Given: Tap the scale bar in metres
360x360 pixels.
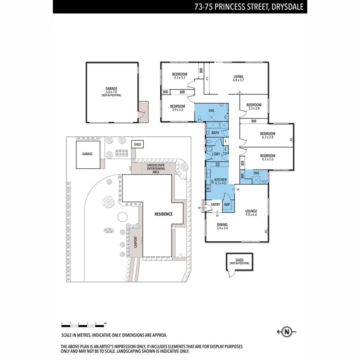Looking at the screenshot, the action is point(84,323).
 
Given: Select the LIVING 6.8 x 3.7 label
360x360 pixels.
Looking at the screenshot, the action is point(238,78).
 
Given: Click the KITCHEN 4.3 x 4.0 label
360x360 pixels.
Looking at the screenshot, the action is point(220,182).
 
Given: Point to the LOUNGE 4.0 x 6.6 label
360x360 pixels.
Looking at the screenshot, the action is point(251,213).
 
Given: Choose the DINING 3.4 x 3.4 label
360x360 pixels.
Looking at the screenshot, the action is point(222,226).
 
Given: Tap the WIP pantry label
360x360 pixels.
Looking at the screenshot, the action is point(227,204).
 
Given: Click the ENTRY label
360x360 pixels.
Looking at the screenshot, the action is point(215,205).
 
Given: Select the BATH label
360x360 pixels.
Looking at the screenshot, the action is point(215,133).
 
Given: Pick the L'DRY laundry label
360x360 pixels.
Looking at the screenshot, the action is point(216,154).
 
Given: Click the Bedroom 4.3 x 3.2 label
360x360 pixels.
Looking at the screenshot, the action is point(180,76).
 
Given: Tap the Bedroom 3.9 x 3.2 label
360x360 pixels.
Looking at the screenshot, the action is point(177,108).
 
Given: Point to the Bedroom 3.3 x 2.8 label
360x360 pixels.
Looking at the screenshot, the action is point(254,106).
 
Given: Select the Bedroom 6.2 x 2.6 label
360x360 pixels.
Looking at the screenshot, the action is point(268,158).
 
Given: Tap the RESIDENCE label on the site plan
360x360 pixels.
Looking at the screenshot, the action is point(163,214).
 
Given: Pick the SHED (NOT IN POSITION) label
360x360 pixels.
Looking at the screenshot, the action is point(239,261).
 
